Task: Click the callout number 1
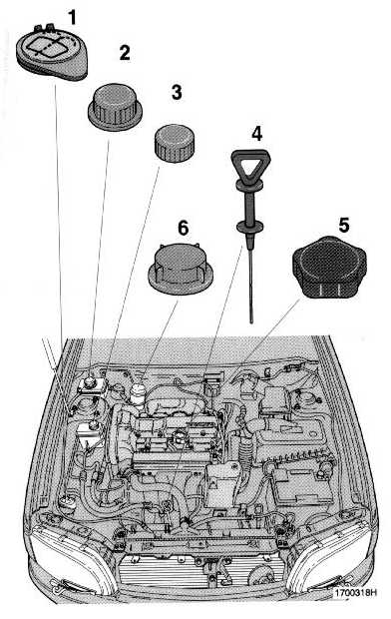[x=72, y=17]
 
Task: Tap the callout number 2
[x=125, y=53]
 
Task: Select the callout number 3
[x=177, y=92]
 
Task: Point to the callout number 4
[x=257, y=134]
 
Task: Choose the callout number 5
[x=344, y=226]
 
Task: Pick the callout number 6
[x=184, y=229]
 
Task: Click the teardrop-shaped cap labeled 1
[x=51, y=52]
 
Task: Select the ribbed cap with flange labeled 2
[x=115, y=107]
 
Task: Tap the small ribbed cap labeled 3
[x=174, y=144]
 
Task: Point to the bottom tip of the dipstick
[x=251, y=321]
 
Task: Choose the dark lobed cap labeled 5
[x=329, y=267]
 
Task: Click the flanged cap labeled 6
[x=181, y=269]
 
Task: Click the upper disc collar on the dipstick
[x=249, y=185]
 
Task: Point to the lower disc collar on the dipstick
[x=249, y=227]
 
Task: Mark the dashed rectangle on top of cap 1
[x=44, y=47]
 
